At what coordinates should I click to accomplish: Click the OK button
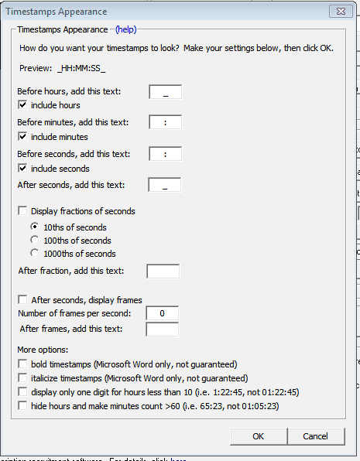pyautogui.click(x=258, y=436)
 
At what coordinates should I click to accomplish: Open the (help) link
pyautogui.click(x=125, y=29)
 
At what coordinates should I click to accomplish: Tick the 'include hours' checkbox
pyautogui.click(x=22, y=105)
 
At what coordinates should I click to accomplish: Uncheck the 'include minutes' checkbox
pyautogui.click(x=22, y=137)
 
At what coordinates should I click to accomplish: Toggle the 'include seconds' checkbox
pyautogui.click(x=22, y=169)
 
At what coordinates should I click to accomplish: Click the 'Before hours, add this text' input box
pyautogui.click(x=165, y=91)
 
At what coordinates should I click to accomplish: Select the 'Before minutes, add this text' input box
pyautogui.click(x=165, y=122)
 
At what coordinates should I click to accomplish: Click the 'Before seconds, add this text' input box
pyautogui.click(x=165, y=154)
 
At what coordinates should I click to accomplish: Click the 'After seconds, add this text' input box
pyautogui.click(x=165, y=185)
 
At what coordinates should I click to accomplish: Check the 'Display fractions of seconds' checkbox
pyautogui.click(x=22, y=211)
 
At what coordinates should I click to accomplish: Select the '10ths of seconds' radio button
pyautogui.click(x=35, y=227)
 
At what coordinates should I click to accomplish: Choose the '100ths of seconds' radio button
pyautogui.click(x=35, y=241)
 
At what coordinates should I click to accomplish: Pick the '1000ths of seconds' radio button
pyautogui.click(x=35, y=254)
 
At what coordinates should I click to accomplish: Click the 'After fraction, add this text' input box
pyautogui.click(x=163, y=271)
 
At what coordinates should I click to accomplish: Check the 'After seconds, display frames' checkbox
pyautogui.click(x=22, y=300)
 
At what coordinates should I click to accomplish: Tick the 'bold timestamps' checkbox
pyautogui.click(x=22, y=364)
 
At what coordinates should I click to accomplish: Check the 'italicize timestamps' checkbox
pyautogui.click(x=22, y=378)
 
